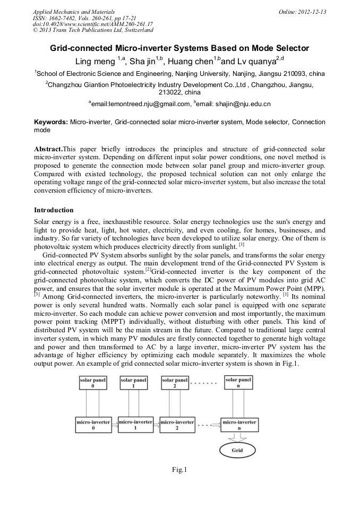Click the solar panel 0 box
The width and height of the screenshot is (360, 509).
click(93, 383)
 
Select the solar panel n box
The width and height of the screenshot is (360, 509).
click(238, 383)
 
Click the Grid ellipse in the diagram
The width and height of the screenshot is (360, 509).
click(237, 451)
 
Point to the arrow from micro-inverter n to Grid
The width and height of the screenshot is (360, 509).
click(237, 437)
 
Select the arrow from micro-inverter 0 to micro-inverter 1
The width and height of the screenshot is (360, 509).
click(114, 424)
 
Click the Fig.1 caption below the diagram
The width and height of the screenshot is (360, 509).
click(179, 470)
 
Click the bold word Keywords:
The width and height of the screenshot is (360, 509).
click(51, 122)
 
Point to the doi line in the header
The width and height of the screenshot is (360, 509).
click(92, 24)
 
